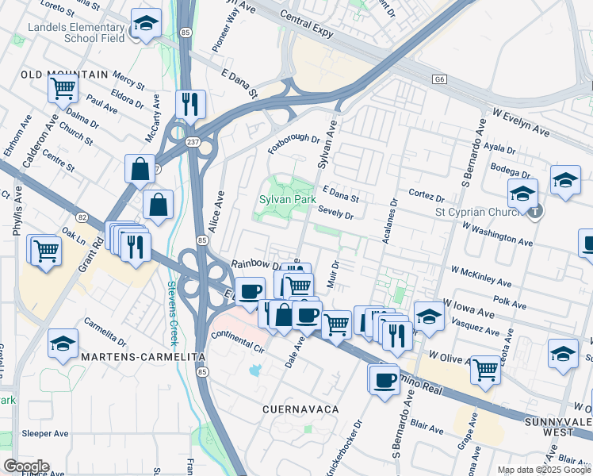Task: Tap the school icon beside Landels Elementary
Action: pos(146,25)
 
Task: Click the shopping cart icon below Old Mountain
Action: pos(63,89)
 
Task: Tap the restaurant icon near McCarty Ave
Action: pos(190,103)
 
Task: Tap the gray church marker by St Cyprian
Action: pos(537,211)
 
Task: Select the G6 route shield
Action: pos(440,80)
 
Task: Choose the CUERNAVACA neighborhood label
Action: pos(300,409)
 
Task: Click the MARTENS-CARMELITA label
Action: pos(122,358)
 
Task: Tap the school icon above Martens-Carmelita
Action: pos(63,344)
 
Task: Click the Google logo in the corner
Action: pos(25,466)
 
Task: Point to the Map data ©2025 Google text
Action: pos(544,470)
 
